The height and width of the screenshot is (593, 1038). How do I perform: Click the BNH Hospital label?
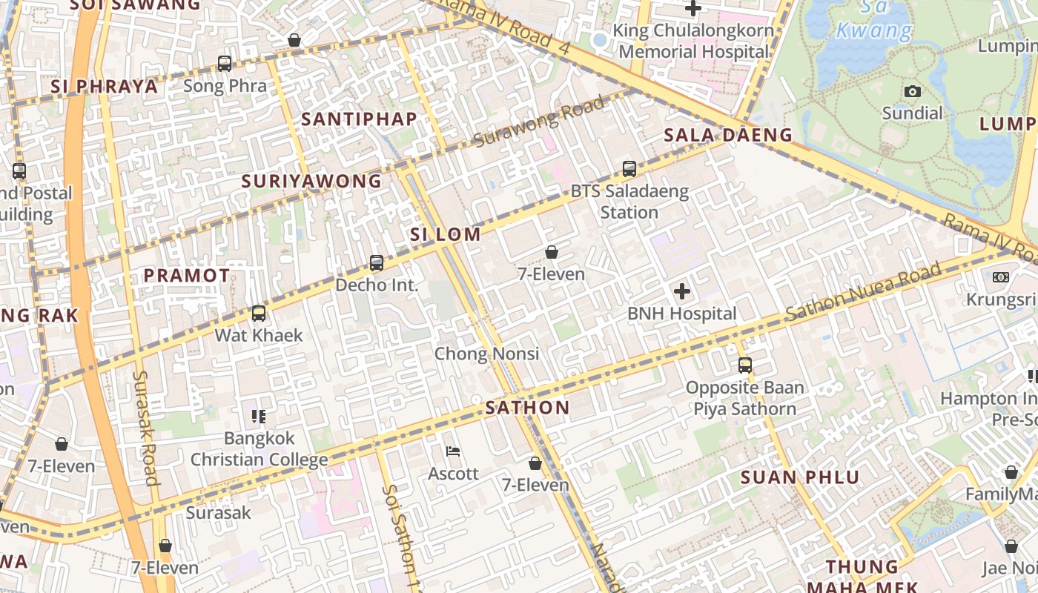tap(682, 314)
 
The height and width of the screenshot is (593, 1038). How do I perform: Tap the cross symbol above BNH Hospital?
tap(682, 291)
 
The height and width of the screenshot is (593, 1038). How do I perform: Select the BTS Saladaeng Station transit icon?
tap(629, 169)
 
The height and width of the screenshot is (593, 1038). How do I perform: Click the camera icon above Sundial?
tap(913, 91)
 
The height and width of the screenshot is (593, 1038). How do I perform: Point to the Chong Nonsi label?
tap(486, 354)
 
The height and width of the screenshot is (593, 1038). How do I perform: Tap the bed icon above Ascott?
tap(452, 451)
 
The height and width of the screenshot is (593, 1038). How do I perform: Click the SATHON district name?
tap(527, 408)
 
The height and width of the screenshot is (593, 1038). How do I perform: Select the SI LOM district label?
tap(446, 235)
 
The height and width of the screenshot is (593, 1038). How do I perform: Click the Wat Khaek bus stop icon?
tap(259, 314)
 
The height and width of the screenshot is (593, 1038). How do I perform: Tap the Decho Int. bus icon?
tap(377, 263)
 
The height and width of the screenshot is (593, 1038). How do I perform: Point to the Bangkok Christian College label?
tap(259, 449)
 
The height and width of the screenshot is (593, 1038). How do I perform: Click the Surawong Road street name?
tap(539, 122)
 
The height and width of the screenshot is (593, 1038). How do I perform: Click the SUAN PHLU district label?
tap(800, 477)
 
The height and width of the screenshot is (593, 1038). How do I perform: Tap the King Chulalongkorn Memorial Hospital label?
tap(694, 42)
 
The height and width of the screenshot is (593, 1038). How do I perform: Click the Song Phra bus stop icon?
tap(225, 64)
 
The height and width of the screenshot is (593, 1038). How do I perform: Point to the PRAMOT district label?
tap(187, 276)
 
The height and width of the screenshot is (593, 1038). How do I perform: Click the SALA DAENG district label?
tap(728, 135)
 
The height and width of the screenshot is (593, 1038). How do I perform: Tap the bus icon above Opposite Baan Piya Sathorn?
tap(744, 365)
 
